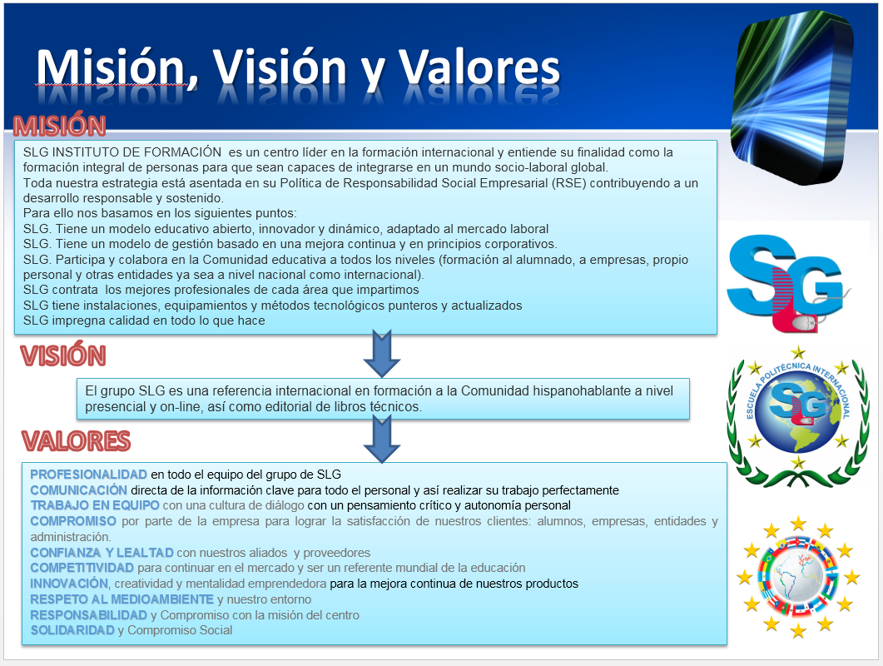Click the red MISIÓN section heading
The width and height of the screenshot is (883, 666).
pos(60,126)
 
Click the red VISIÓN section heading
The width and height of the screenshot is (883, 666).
pos(63,355)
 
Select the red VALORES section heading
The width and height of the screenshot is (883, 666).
pos(76,440)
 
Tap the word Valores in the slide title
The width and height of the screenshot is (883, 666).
pos(479,68)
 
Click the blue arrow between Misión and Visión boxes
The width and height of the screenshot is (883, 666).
pos(382,354)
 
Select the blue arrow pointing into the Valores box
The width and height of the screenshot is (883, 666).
pos(382,439)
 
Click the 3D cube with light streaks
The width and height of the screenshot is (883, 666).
pos(791,96)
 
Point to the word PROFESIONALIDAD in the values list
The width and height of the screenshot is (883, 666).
pos(88,475)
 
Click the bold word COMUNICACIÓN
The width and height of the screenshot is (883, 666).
pos(79,490)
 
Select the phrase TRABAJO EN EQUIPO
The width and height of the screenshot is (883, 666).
pos(95,505)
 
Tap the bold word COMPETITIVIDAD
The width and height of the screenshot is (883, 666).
pos(82,568)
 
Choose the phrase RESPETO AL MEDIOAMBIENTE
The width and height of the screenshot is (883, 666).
pos(122,599)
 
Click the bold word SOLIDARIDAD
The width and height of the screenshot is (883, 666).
pos(72,630)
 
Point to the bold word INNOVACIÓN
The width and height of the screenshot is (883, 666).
pos(69,584)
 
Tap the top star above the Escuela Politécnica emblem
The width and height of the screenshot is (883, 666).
pos(798,353)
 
